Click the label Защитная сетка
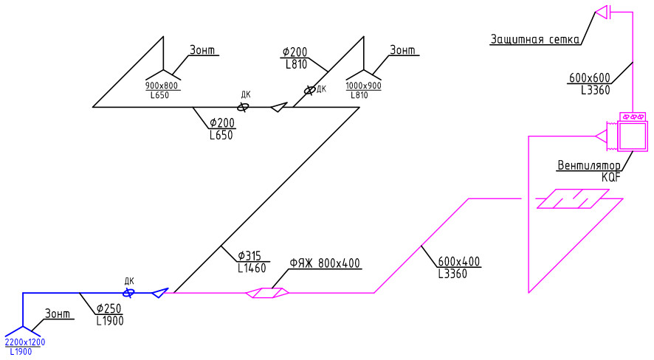click(534, 39)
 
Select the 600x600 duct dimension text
click(589, 78)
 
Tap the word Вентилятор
click(588, 165)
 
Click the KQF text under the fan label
click(611, 177)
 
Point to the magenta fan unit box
click(633, 136)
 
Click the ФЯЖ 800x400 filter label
click(325, 263)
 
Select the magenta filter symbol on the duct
click(267, 293)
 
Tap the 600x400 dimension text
click(459, 262)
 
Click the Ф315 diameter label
click(249, 256)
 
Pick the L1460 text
click(252, 268)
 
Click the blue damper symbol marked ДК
click(129, 293)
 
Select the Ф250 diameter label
click(109, 309)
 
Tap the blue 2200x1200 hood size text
click(25, 342)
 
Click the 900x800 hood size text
click(162, 86)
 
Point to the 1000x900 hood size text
click(363, 86)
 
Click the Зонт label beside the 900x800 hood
click(202, 50)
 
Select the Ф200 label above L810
click(295, 52)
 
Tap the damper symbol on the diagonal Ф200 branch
click(309, 89)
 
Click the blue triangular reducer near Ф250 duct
click(159, 292)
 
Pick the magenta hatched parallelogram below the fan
click(573, 198)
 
